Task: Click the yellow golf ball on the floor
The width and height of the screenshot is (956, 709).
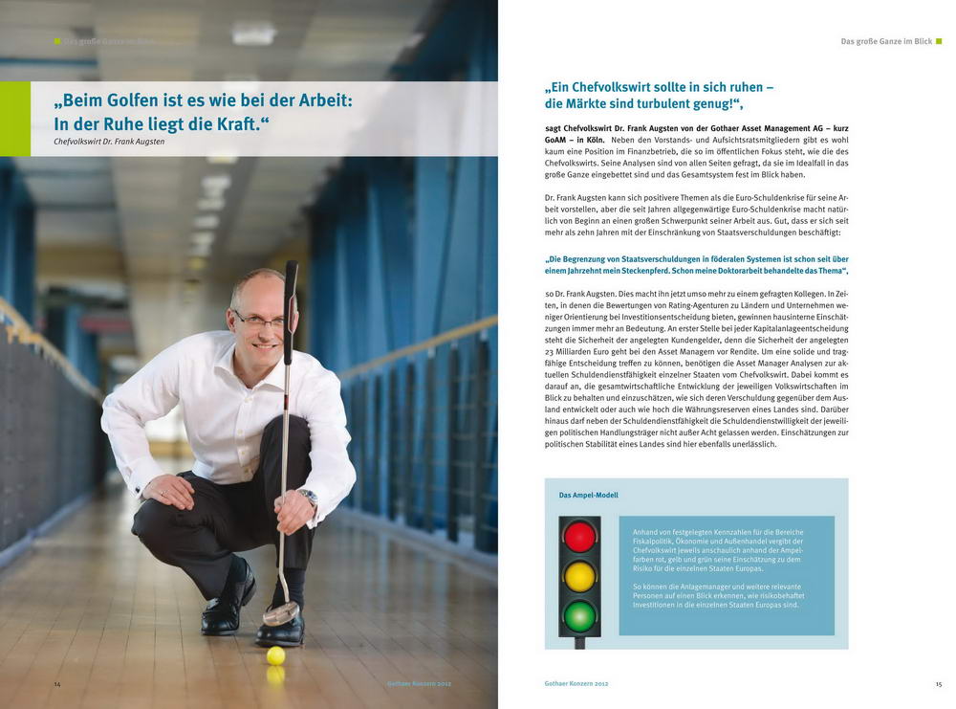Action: click(x=275, y=655)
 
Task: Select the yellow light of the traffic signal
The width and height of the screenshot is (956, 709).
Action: click(x=579, y=576)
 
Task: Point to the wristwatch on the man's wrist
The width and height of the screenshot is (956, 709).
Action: click(x=308, y=498)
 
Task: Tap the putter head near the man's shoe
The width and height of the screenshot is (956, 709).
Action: click(x=280, y=613)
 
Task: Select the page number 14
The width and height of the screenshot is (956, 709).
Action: click(x=57, y=684)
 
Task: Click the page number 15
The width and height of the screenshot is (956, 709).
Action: click(x=938, y=684)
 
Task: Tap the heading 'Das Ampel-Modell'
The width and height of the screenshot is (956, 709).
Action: click(x=588, y=496)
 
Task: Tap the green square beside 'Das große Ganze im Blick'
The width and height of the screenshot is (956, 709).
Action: click(x=939, y=41)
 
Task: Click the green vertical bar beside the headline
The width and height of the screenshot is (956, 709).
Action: click(x=14, y=119)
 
